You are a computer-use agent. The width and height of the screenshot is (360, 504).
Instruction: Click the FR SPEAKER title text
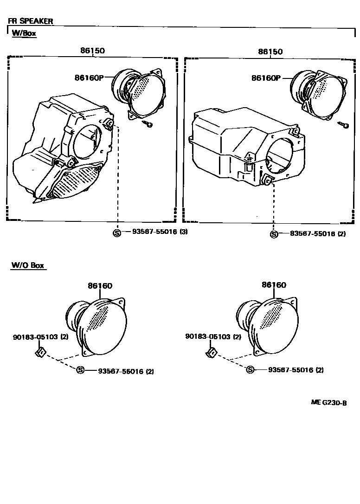click(30, 21)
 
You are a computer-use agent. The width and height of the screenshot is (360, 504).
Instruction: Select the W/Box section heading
click(24, 33)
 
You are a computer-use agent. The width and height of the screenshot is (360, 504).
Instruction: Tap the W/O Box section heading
click(28, 265)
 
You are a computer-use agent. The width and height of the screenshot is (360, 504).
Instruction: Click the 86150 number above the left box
click(92, 51)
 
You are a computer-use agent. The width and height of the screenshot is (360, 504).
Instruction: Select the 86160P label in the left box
click(89, 78)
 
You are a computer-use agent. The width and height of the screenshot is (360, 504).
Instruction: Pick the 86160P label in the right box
click(266, 78)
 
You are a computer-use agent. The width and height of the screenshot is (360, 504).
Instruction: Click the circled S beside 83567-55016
click(274, 234)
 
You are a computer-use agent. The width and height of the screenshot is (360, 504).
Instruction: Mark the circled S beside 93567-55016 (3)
click(117, 233)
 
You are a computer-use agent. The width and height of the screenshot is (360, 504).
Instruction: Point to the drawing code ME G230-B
click(328, 403)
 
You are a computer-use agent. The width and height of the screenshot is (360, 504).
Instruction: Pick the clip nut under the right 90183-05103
click(211, 353)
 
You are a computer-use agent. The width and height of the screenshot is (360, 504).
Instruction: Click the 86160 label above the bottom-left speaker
click(100, 286)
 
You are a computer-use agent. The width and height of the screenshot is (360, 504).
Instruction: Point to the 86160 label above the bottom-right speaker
click(274, 285)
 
